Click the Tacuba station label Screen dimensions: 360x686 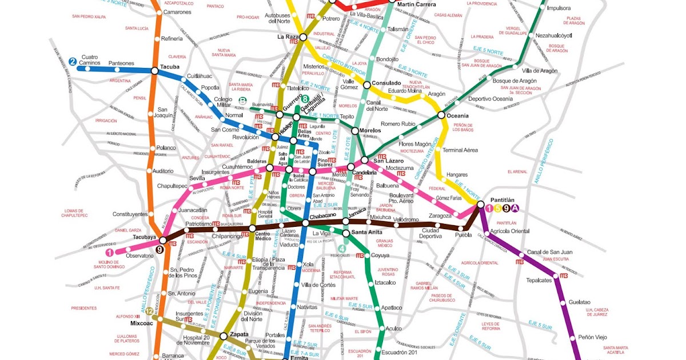(170, 66)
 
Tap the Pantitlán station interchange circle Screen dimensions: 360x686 (480, 204)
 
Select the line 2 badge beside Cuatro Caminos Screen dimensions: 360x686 (73, 62)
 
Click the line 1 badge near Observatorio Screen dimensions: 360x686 (109, 251)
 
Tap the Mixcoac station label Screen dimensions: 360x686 (142, 323)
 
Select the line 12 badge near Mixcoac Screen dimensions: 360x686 (149, 311)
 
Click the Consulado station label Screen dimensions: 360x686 (386, 83)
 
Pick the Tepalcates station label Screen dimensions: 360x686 (539, 280)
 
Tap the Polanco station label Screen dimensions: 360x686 (166, 147)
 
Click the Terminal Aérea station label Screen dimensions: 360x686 (460, 150)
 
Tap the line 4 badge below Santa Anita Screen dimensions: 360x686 (342, 248)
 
